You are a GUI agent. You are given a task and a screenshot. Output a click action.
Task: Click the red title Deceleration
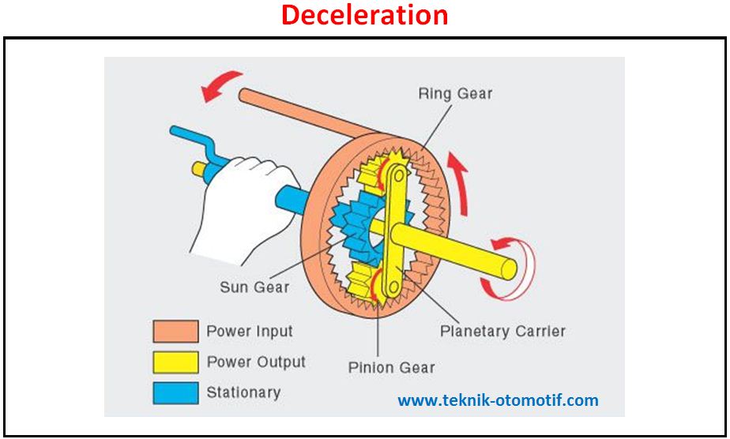tap(364, 15)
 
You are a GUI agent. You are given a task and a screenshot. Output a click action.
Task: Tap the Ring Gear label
tap(455, 93)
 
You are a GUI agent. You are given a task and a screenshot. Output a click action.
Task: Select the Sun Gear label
tap(254, 287)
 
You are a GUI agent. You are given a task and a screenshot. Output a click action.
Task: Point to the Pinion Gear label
tap(392, 367)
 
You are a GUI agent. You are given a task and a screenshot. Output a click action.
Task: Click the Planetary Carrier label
tap(502, 331)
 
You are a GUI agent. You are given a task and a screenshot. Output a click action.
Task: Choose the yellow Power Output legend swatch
tap(175, 362)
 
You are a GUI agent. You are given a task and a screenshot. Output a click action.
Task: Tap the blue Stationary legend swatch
tap(175, 392)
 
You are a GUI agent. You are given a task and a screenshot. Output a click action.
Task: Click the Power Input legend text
tap(249, 332)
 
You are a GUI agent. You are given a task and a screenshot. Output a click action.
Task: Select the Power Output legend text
tap(255, 362)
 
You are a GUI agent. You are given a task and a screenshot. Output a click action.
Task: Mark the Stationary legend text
tap(243, 392)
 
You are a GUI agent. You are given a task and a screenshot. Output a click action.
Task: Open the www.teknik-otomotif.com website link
tap(498, 400)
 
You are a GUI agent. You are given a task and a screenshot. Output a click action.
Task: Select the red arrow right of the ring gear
tap(457, 182)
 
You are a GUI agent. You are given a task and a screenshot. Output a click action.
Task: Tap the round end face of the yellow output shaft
tap(506, 268)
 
